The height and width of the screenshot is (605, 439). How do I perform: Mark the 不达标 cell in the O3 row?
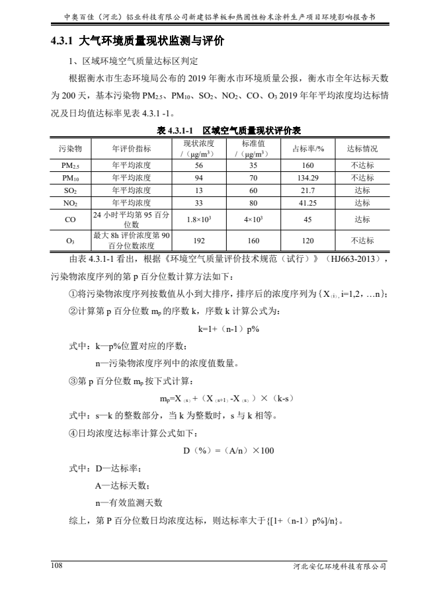point(362,241)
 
